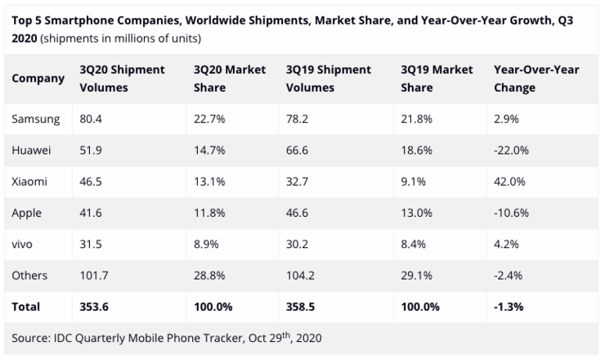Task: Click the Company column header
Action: pos(38,79)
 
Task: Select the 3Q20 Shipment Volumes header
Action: pos(122,79)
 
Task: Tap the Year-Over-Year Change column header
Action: pos(536,79)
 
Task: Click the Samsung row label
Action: pos(35,119)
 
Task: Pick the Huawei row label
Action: pos(31,151)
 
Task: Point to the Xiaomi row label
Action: pos(29,182)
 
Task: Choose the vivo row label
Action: pos(22,244)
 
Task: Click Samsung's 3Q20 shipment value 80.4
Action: pos(91,119)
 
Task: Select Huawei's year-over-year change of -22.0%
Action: pos(511,151)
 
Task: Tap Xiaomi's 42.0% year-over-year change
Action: pos(509,182)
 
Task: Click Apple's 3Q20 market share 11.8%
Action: pos(209,213)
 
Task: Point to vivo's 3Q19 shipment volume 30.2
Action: pos(297,244)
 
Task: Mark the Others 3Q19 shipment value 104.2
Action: pos(300,276)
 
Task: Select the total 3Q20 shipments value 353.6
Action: pos(94,307)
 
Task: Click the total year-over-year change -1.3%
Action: pos(509,307)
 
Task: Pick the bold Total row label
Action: pos(25,307)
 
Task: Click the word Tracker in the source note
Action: pos(224,338)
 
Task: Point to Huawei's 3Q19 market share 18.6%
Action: pos(416,151)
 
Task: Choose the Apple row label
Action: pos(26,214)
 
